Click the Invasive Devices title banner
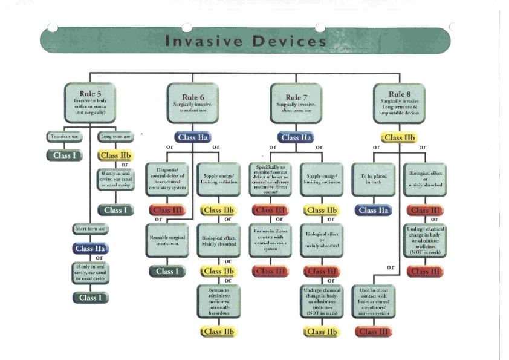tap(245, 41)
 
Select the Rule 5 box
tap(89, 102)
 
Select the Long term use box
tap(115, 136)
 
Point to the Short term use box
tap(90, 229)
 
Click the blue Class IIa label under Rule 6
tap(192, 138)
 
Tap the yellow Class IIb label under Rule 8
tap(399, 137)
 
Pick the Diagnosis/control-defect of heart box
tap(167, 179)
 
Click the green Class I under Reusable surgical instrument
tap(167, 271)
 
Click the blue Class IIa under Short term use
tap(90, 248)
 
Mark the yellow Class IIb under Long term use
tap(115, 155)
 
